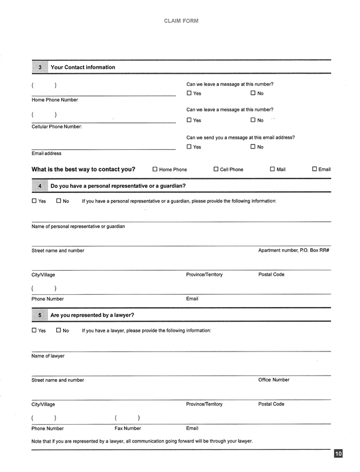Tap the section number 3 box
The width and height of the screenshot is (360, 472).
coord(40,68)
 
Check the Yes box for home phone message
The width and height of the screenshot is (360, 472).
coord(189,94)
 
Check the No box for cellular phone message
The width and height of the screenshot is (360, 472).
coord(253,120)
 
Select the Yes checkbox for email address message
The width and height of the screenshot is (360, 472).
coord(189,147)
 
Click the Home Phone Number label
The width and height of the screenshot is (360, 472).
coord(54,100)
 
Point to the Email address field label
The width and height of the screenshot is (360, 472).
coord(46,154)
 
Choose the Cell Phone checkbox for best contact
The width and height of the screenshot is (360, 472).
coord(216,170)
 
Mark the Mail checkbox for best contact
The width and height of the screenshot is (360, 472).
coord(272,170)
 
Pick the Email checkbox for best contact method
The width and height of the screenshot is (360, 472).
coord(314,170)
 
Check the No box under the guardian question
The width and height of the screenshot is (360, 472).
coord(59,201)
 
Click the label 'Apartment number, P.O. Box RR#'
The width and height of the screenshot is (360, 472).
coord(293,251)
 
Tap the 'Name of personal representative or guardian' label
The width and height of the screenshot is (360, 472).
coord(78,226)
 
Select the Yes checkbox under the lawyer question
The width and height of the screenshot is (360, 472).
coord(34,330)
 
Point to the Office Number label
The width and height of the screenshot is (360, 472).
coord(274,380)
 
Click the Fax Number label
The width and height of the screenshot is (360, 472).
coord(127,429)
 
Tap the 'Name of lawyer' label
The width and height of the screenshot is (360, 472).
coord(48,356)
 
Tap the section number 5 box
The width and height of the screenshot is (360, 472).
coord(40,315)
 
